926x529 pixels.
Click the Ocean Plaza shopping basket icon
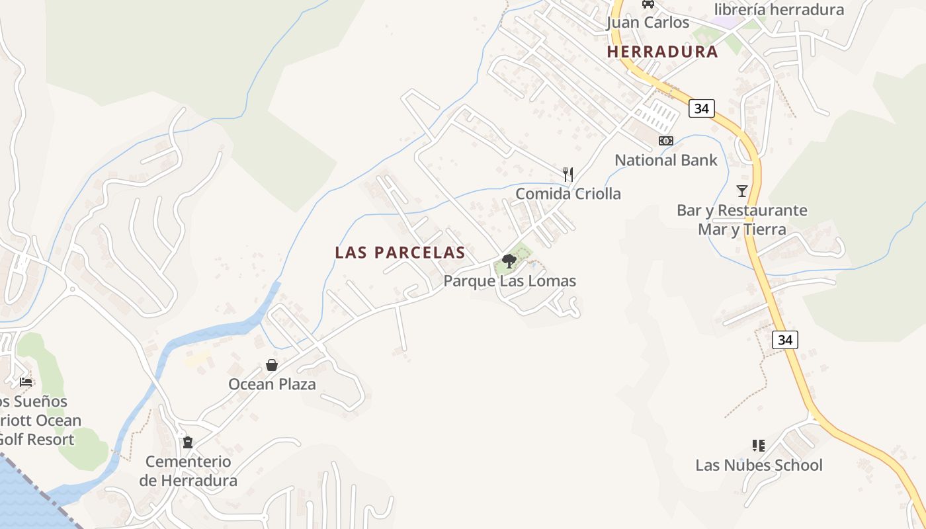coord(271,365)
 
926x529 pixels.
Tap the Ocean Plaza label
coord(272,384)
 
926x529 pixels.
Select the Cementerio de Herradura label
coord(188,471)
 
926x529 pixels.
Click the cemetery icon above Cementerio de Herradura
coord(188,442)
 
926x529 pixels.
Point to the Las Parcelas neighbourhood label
coord(400,253)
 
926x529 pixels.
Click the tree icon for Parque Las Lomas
coord(509,261)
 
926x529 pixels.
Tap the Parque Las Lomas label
coord(509,281)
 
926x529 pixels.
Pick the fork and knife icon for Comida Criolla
coord(568,175)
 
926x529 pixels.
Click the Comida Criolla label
coord(568,194)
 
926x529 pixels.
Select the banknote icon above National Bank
coord(666,141)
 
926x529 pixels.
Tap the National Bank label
coord(666,160)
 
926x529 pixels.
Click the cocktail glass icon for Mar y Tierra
coord(741,191)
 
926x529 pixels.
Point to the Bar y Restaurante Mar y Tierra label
coord(741,220)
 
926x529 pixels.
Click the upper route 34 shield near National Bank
coord(701,108)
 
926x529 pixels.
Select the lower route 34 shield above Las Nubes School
coord(784,340)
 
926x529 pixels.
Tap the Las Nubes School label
coord(759,465)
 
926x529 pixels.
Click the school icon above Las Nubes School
coord(759,446)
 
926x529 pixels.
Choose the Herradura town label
coord(662,52)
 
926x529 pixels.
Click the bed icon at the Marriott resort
coord(26,382)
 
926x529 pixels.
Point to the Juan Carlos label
coord(648,22)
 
